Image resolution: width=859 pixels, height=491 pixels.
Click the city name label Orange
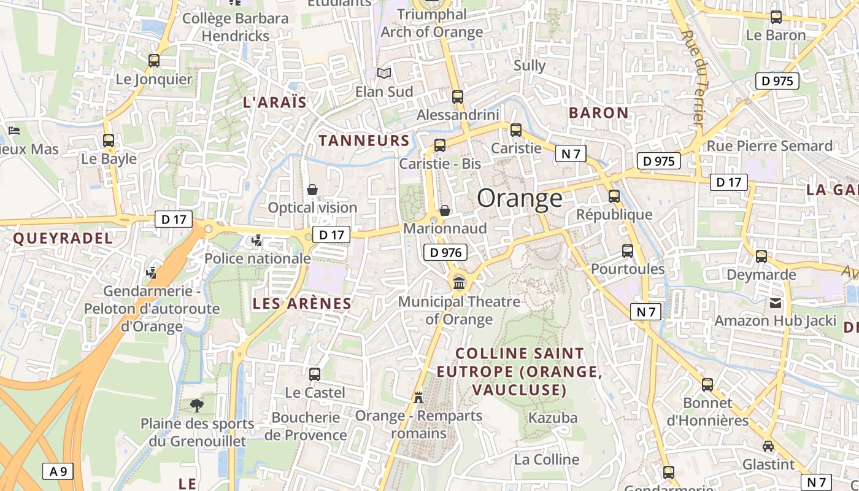519,198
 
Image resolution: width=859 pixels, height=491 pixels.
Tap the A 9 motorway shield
58,471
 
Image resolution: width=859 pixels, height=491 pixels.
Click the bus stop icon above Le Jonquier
154,61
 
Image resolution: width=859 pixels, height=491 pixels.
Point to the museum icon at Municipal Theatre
458,283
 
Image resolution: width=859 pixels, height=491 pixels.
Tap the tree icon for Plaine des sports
197,405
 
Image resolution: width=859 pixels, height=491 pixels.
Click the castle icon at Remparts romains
418,397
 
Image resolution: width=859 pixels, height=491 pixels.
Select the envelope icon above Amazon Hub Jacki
776,303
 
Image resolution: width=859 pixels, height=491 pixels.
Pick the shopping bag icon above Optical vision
312,190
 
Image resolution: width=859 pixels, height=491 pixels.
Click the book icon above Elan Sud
384,74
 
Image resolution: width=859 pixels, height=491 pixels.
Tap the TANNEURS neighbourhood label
364,141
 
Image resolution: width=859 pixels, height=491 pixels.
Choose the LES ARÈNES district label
302,303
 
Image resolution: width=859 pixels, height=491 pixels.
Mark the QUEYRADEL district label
63,239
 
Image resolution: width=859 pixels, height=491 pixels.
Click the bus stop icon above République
614,196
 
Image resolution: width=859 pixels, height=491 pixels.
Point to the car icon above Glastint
768,446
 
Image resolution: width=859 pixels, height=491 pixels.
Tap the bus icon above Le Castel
315,374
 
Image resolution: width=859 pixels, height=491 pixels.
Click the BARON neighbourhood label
598,113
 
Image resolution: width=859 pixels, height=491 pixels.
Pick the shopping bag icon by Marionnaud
445,211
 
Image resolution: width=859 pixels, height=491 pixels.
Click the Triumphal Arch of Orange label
432,23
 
